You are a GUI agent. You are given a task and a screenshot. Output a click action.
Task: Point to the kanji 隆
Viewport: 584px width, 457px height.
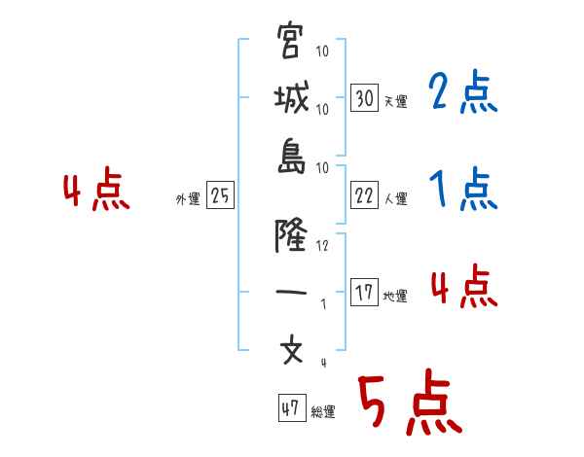click(291, 234)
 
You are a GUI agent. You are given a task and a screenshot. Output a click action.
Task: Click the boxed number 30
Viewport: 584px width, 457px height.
click(365, 98)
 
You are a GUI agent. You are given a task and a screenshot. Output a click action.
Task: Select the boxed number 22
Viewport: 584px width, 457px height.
click(365, 195)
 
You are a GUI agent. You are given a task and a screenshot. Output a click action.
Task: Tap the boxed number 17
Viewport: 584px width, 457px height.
click(365, 293)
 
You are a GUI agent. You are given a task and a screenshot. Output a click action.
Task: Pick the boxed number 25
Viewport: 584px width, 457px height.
click(221, 196)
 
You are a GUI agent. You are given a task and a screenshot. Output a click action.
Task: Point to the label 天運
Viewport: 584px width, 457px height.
click(395, 101)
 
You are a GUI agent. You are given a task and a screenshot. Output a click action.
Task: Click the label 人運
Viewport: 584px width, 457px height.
click(395, 198)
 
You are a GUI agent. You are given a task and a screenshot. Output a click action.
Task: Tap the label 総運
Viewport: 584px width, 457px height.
click(323, 412)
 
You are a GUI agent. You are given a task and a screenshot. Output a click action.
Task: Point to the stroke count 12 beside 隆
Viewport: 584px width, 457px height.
click(322, 245)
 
